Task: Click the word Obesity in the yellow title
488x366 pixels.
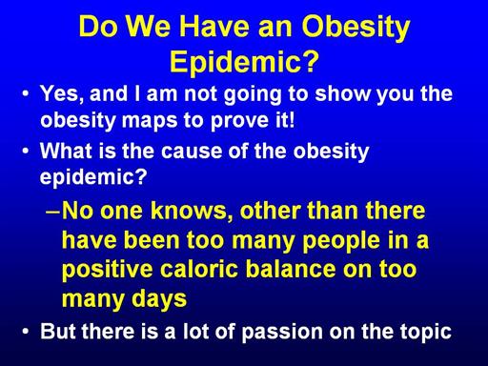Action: click(x=356, y=28)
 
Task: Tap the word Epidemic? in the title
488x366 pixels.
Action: click(x=244, y=62)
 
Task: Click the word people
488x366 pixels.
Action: click(x=341, y=241)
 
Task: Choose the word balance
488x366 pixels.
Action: click(x=291, y=269)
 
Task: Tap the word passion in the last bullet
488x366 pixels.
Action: click(x=282, y=332)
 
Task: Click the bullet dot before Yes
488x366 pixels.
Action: click(x=26, y=94)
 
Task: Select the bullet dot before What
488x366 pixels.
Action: click(x=26, y=152)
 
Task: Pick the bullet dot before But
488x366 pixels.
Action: click(x=26, y=332)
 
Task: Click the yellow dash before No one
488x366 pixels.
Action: click(x=53, y=212)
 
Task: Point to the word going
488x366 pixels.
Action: click(x=253, y=94)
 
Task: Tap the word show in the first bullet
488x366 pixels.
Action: click(x=342, y=93)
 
